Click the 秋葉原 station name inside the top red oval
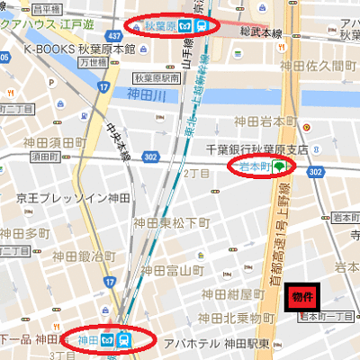[156, 26]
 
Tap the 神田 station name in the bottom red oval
[87, 340]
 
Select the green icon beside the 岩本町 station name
[281, 166]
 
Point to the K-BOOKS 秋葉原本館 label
[79, 49]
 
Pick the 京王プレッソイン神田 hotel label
[74, 197]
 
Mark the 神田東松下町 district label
[171, 221]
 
